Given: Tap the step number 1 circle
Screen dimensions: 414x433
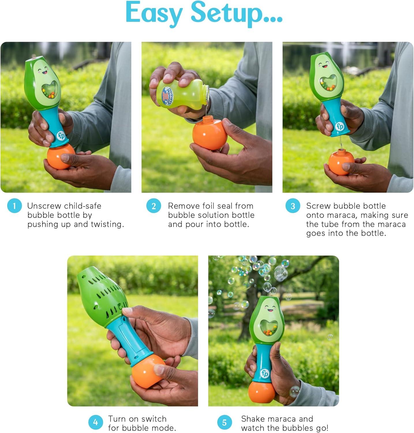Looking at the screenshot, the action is (x=14, y=206).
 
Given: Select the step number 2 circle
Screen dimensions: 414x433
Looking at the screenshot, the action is (x=153, y=206).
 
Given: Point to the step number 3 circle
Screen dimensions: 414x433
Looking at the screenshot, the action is (x=293, y=206).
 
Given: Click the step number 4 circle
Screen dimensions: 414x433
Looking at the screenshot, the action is (x=95, y=423).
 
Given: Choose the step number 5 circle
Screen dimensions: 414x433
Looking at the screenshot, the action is (x=224, y=423).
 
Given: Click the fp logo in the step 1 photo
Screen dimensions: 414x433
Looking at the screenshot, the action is (x=61, y=135).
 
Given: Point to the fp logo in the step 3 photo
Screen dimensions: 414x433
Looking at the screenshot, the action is (x=340, y=126).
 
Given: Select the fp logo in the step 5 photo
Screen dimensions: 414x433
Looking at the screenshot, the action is (x=265, y=374).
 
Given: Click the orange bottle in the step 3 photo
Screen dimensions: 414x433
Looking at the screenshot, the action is (x=342, y=162).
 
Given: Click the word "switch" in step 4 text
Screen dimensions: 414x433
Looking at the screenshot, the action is (x=152, y=419).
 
